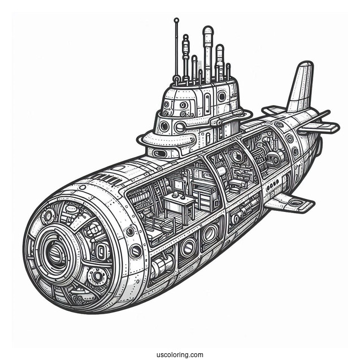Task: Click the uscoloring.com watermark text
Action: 180,340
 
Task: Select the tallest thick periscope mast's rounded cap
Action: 207,30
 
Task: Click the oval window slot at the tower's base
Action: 161,153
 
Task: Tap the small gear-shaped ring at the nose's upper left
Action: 47,216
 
